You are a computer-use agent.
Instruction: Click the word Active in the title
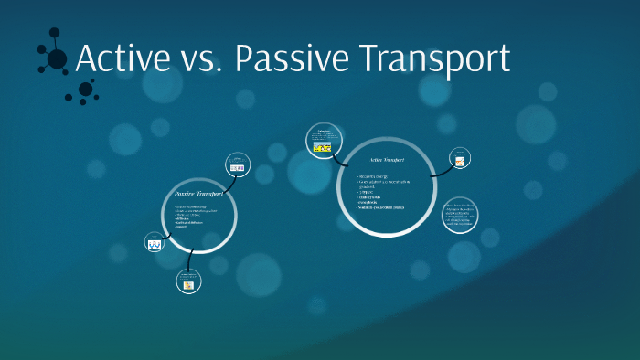123,59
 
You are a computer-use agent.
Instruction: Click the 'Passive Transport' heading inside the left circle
198,195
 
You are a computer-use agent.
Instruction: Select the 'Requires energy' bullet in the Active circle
374,174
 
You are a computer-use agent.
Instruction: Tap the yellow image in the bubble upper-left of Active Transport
322,145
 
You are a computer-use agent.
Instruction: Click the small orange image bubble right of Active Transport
460,162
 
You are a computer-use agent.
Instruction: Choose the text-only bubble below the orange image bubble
460,215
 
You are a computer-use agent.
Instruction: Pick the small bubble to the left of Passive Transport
155,243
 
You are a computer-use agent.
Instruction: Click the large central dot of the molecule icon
57,59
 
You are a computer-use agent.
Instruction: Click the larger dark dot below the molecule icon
86,89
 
